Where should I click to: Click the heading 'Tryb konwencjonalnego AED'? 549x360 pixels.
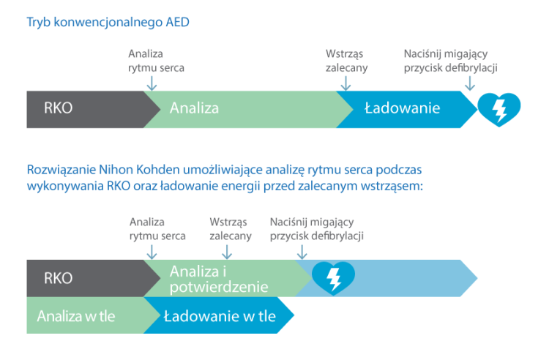[108, 22]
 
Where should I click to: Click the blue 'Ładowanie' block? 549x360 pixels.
[402, 109]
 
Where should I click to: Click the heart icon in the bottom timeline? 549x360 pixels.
[333, 277]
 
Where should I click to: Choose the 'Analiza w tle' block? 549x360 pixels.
[76, 316]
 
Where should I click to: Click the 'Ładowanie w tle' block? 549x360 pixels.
[220, 316]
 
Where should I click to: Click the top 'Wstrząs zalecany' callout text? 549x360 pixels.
[346, 61]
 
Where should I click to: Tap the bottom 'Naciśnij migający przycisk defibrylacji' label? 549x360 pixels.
[316, 228]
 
